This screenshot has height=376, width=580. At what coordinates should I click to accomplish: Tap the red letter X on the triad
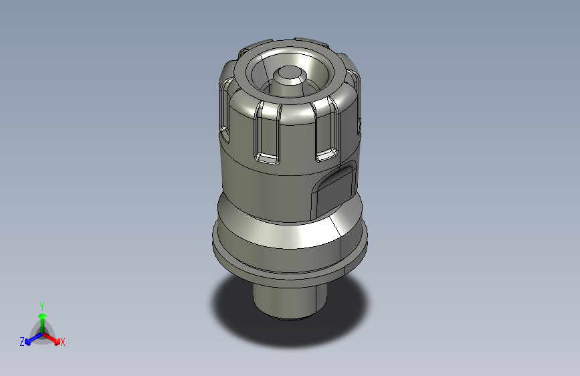(63, 343)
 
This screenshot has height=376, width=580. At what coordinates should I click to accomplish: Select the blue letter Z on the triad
(22, 342)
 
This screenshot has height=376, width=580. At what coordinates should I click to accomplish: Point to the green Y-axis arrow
(42, 318)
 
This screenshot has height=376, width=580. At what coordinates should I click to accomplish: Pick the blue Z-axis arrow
(31, 338)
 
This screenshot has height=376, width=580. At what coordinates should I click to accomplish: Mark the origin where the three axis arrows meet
(42, 333)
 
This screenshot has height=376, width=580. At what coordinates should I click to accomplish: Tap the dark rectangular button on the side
(336, 189)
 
